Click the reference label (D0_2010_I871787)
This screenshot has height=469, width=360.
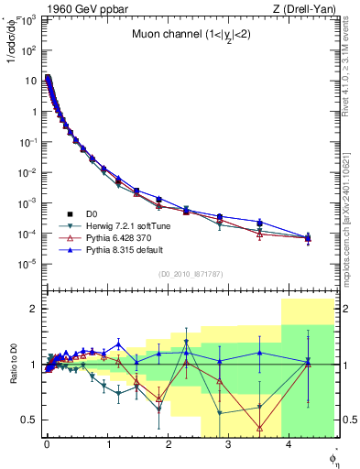click(x=191, y=274)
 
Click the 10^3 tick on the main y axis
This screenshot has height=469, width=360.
click(x=31, y=19)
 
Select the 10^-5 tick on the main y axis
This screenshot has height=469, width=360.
click(x=31, y=264)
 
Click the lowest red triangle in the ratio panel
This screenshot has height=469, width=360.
click(x=260, y=428)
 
